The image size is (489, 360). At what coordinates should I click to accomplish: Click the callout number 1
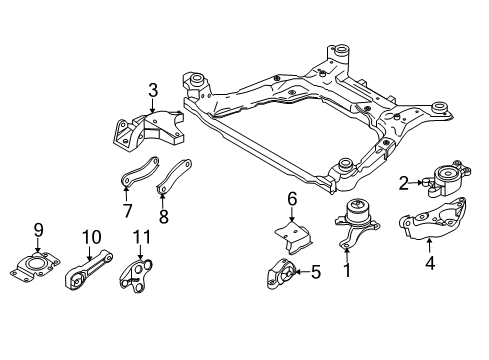point(347,269)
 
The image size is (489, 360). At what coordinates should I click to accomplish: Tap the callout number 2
point(403,183)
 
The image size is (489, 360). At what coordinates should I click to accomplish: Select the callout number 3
point(153,93)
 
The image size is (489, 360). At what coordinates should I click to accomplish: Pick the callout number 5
point(315,270)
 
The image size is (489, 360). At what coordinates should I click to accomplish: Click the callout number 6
point(293,200)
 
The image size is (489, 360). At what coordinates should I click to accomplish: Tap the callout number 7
point(127,210)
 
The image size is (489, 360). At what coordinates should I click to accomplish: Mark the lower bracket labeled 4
point(430,228)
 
